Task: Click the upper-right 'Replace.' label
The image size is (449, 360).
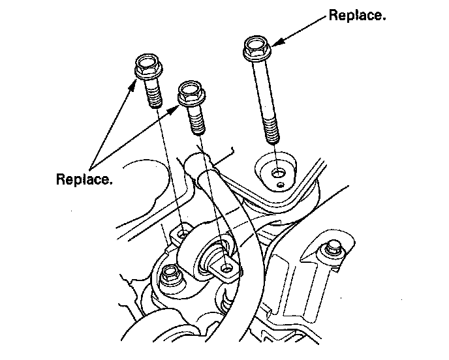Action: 356,15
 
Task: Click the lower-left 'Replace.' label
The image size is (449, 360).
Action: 84,178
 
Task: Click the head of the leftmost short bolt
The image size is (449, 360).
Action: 147,68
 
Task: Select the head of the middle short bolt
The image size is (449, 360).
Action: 190,95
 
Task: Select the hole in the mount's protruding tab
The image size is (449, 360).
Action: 226,267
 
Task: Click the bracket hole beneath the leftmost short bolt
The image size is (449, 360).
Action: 182,233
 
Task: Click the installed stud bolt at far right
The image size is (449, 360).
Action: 330,248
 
